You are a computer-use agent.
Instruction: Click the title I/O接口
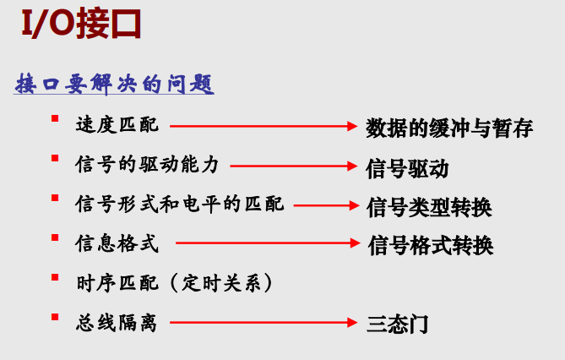(79, 25)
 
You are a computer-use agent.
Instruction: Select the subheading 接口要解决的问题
(115, 85)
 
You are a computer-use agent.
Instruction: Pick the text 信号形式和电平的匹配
(179, 204)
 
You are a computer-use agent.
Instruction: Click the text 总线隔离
(117, 322)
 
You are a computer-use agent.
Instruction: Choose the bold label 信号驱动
(407, 167)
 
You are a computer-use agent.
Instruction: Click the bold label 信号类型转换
(430, 205)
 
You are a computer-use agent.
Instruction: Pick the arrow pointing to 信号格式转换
(269, 243)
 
